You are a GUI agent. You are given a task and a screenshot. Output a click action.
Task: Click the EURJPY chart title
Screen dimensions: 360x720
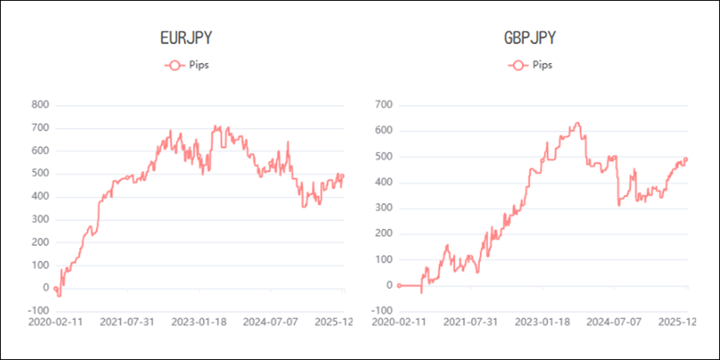[187, 38]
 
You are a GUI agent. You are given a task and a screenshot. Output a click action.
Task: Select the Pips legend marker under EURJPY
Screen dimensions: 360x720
[174, 65]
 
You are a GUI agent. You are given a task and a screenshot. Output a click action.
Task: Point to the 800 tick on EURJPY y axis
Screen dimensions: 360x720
[40, 105]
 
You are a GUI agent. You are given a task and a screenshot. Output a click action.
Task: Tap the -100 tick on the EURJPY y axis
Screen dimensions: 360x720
[38, 310]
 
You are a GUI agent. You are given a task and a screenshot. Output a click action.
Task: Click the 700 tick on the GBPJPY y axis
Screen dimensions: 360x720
[384, 105]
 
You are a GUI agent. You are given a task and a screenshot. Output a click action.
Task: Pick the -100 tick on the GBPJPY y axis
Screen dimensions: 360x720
[382, 310]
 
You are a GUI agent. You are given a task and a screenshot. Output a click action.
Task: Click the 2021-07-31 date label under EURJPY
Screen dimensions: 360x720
[132, 322]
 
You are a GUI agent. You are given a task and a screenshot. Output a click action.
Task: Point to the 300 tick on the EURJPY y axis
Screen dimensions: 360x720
[40, 219]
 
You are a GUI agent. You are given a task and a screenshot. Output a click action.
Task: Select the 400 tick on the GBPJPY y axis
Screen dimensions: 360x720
[384, 182]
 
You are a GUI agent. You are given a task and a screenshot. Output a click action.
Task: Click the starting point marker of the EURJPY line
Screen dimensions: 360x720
[54, 288]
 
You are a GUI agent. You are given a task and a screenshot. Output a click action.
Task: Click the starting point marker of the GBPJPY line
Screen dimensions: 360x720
[398, 285]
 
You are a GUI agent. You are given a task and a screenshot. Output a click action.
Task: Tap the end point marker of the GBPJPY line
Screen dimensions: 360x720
[686, 158]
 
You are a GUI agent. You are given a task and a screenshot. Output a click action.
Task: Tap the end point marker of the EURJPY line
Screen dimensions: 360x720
[342, 176]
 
